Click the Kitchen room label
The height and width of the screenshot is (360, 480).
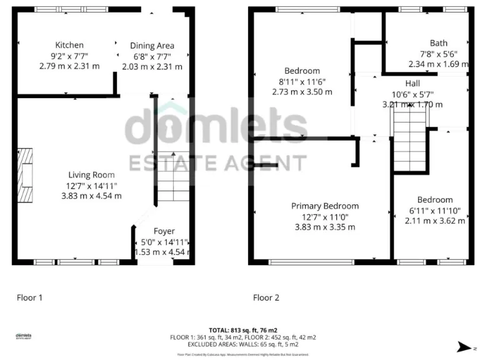69,45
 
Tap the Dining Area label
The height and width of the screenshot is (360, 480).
152,46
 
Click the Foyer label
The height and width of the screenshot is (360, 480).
164,231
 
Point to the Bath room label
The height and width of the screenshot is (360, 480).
438,43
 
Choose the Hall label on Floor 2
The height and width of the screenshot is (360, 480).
412,83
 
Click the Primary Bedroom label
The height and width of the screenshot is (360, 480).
325,206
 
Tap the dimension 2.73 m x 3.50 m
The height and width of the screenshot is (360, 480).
302,92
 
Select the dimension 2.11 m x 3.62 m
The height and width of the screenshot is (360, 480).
434,221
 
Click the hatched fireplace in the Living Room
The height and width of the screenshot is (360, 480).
24,176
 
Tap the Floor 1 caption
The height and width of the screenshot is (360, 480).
29,298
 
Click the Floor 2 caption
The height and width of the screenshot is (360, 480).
266,298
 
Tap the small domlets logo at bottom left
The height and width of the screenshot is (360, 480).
24,336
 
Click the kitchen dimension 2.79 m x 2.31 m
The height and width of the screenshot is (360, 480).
69,66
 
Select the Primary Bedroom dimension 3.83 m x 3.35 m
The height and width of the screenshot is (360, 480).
325,227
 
